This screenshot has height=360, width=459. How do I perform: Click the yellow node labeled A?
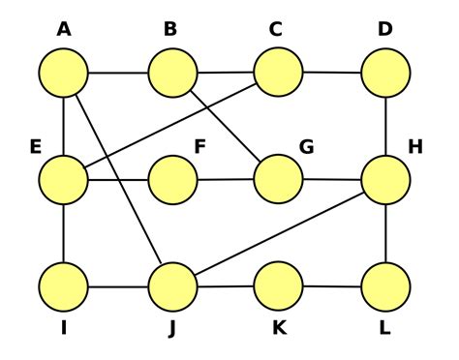[x=64, y=73]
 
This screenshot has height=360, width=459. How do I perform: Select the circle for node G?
[x=279, y=179]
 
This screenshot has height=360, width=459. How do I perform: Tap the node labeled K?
[x=279, y=286]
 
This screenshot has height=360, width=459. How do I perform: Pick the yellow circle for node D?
[x=385, y=72]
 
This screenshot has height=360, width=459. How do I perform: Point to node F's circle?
[x=172, y=180]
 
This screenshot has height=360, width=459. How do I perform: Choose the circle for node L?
[x=385, y=286]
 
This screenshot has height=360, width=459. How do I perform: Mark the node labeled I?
[x=64, y=287]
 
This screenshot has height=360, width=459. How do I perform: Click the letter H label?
[x=415, y=147]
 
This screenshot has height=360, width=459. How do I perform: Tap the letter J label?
[x=171, y=328]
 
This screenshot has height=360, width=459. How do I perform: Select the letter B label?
[x=170, y=30]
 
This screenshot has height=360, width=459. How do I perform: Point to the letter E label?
[x=35, y=147]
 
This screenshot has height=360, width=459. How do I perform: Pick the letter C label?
[x=276, y=30]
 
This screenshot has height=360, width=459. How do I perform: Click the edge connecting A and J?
[x=118, y=180]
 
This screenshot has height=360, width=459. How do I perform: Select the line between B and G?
[x=226, y=126]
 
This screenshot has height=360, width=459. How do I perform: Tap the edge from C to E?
[x=171, y=126]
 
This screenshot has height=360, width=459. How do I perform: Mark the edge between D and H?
[x=385, y=126]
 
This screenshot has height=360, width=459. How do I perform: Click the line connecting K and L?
[x=332, y=286]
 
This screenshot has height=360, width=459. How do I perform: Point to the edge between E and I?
[x=64, y=233]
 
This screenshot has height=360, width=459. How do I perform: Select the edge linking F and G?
[x=226, y=180]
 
